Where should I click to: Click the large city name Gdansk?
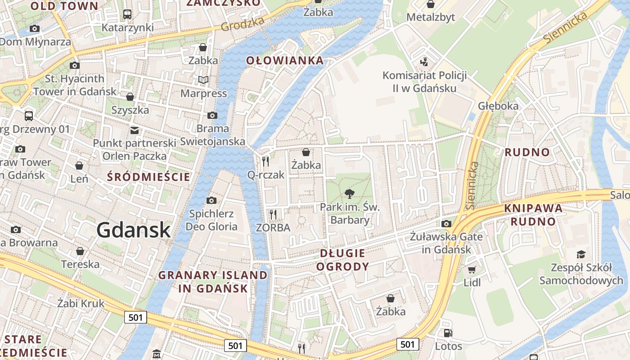click(x=134, y=230)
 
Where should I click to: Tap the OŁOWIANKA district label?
click(x=285, y=61)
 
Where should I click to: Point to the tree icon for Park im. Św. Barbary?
click(x=349, y=194)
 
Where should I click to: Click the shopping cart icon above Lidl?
click(x=472, y=270)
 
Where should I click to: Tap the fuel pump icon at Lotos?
click(x=448, y=333)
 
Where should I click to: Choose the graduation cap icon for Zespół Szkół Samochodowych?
click(x=581, y=254)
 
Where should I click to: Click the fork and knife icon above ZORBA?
click(x=273, y=214)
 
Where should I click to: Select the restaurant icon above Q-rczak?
click(x=265, y=161)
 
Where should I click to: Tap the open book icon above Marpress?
click(x=203, y=80)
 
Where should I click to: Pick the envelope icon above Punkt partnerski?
click(x=134, y=130)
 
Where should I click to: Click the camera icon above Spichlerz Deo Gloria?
click(x=211, y=200)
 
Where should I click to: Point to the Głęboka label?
click(x=498, y=106)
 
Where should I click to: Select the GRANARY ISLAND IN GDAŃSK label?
click(x=212, y=282)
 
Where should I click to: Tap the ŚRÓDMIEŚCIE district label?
click(x=148, y=177)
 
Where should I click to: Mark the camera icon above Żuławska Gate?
click(x=446, y=224)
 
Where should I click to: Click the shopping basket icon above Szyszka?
click(x=130, y=97)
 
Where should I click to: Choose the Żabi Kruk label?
click(x=81, y=303)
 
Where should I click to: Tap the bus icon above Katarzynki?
click(x=127, y=14)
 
